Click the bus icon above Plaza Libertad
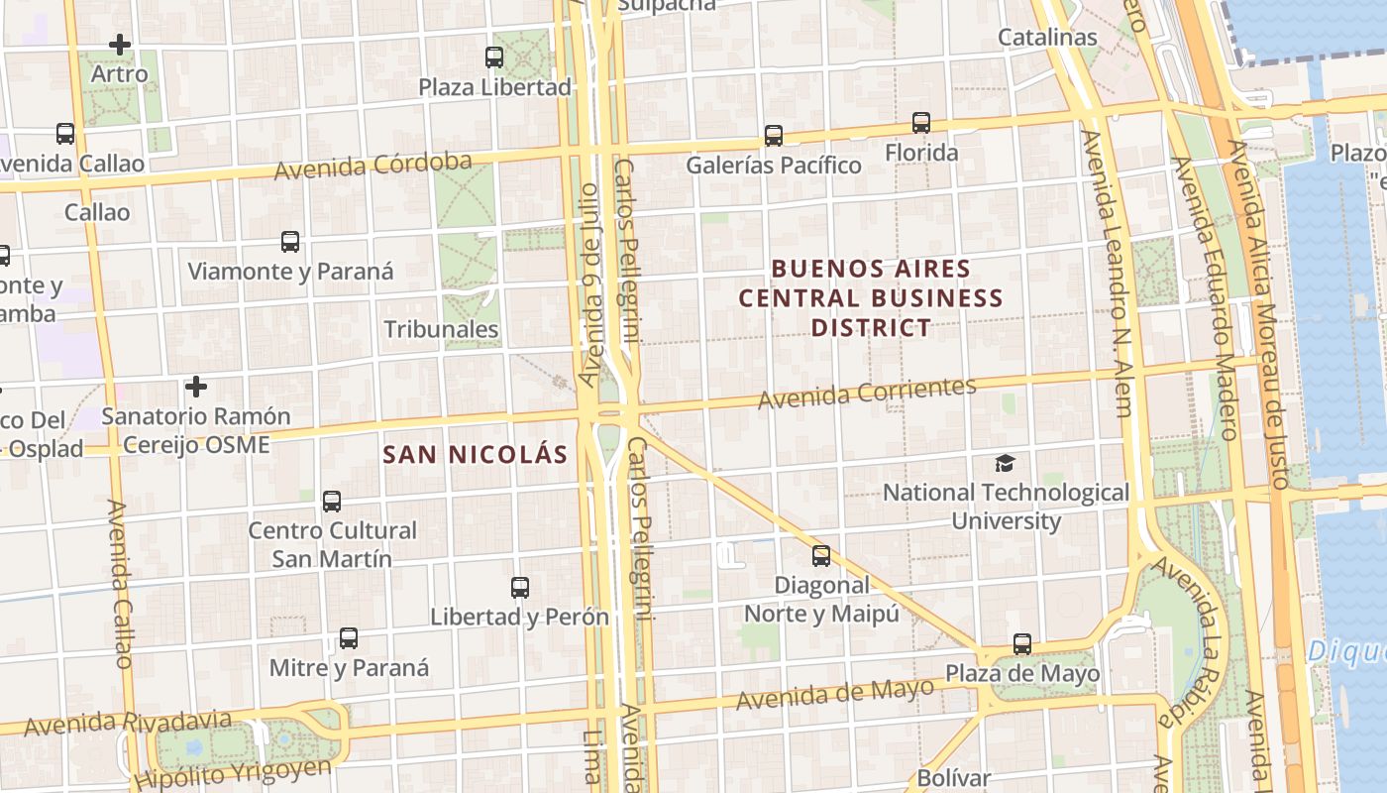[494, 57]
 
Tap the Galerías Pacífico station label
[774, 165]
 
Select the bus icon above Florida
[921, 123]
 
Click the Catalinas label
[1047, 38]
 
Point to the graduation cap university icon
[1006, 463]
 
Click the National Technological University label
[1006, 507]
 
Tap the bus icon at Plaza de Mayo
[1022, 644]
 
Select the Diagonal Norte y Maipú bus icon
[821, 555]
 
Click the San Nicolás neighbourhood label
[476, 455]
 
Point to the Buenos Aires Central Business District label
[871, 297]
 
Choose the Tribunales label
[441, 329]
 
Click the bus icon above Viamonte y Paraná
[290, 242]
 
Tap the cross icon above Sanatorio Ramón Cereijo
[196, 386]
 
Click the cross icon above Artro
[120, 45]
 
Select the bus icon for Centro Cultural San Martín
[332, 502]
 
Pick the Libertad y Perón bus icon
[520, 588]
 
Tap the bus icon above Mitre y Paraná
[349, 638]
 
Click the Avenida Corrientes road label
[867, 393]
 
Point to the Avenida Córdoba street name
[373, 166]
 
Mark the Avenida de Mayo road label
[834, 693]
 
